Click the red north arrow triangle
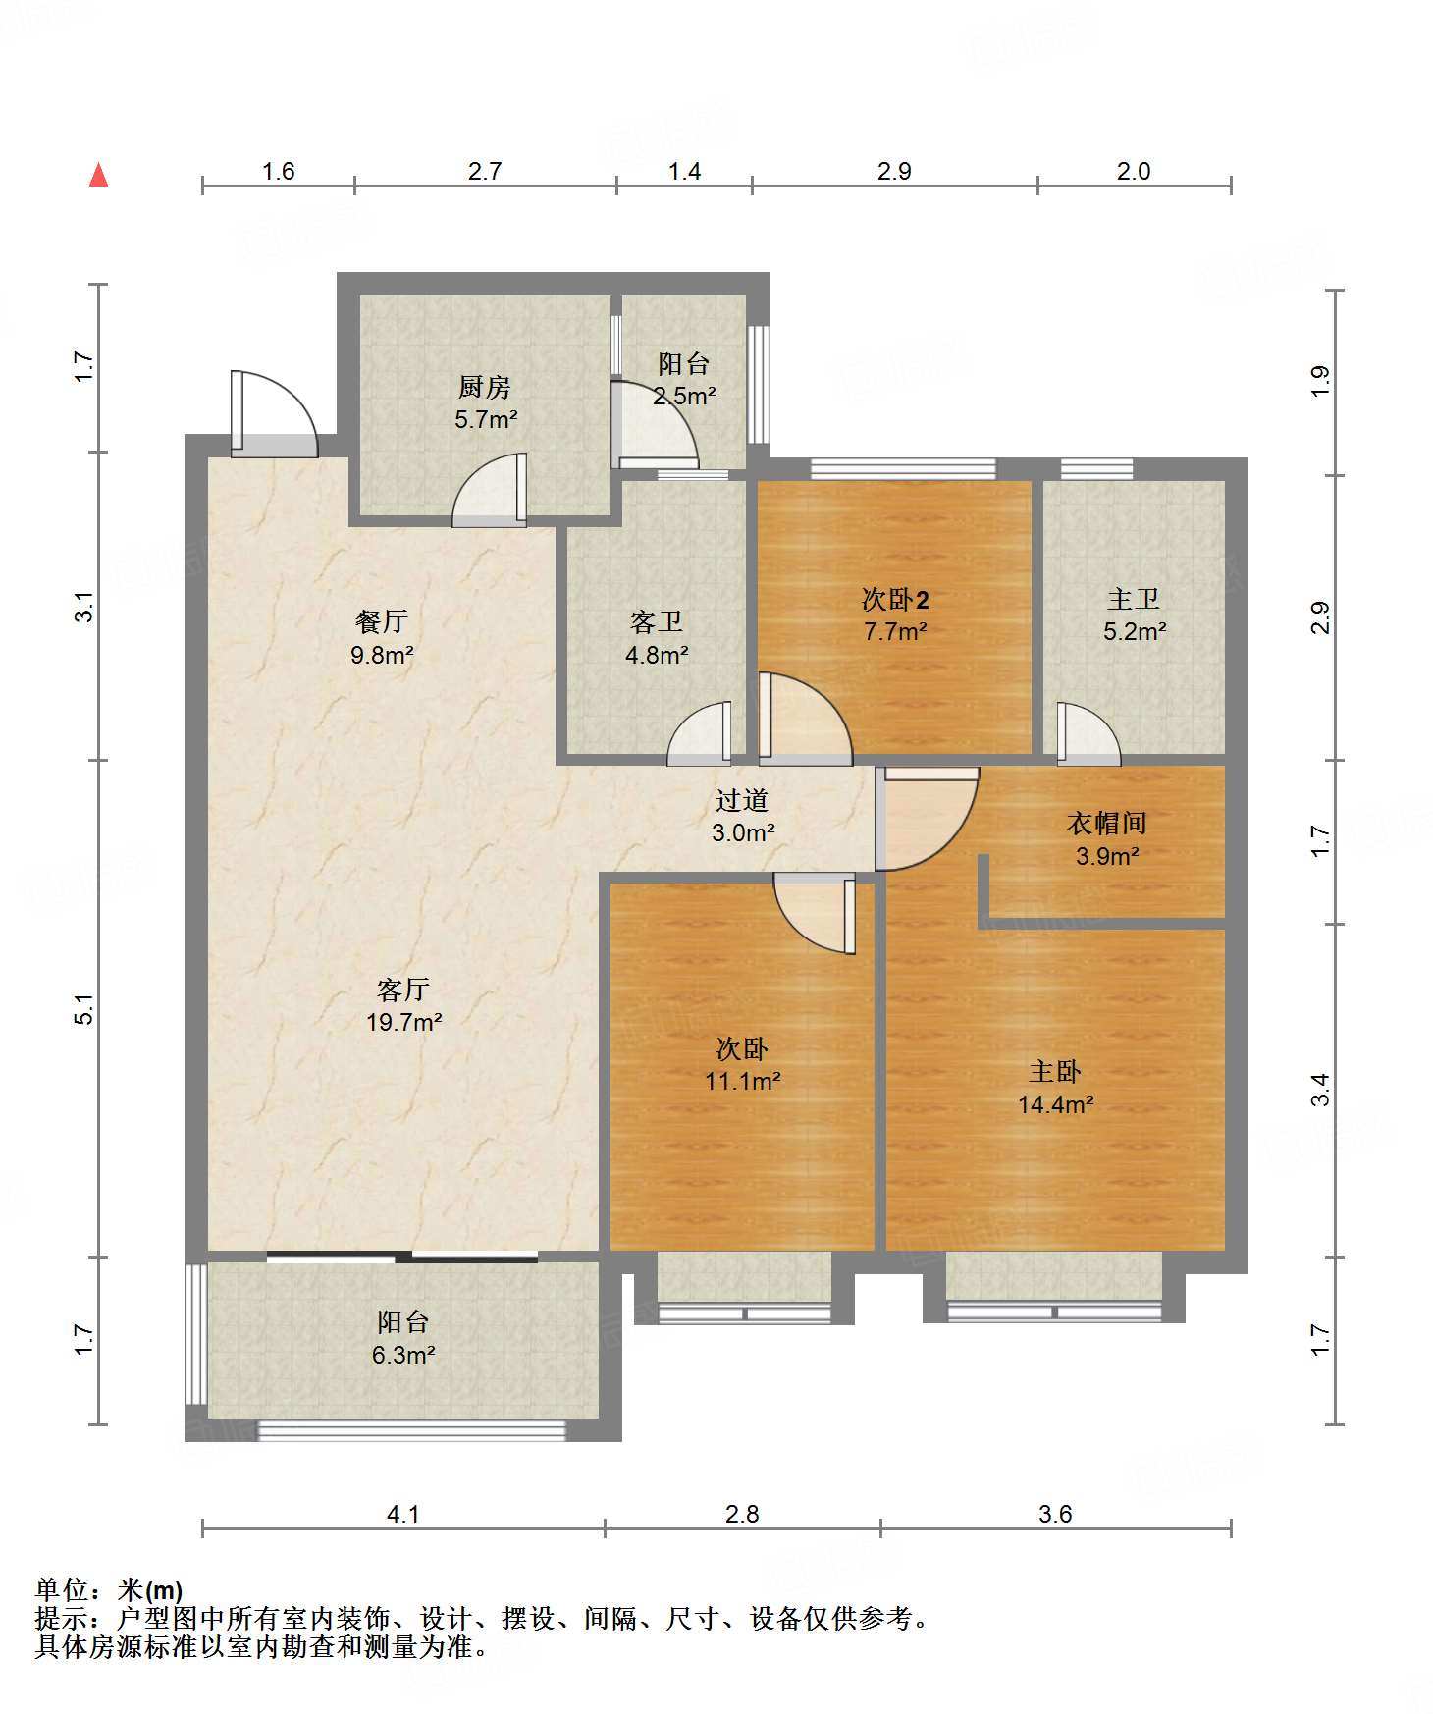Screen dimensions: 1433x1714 pyautogui.click(x=98, y=175)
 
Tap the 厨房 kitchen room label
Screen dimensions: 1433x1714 pyautogui.click(x=485, y=387)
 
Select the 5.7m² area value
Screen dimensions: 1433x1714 pyautogui.click(x=486, y=420)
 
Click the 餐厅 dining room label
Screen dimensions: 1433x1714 pyautogui.click(x=382, y=621)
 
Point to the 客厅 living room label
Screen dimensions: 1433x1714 pyautogui.click(x=403, y=989)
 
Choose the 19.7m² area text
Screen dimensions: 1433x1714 pyautogui.click(x=403, y=1022)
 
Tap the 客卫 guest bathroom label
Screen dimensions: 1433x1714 pyautogui.click(x=657, y=621)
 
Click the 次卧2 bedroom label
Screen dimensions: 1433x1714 pyautogui.click(x=895, y=599)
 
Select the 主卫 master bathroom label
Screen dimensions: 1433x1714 pyautogui.click(x=1134, y=599)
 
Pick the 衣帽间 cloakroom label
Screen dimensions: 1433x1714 pyautogui.click(x=1107, y=823)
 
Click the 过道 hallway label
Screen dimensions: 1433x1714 pyautogui.click(x=742, y=800)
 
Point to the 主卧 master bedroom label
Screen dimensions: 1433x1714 pyautogui.click(x=1055, y=1071)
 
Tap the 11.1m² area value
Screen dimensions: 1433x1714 pyautogui.click(x=743, y=1082)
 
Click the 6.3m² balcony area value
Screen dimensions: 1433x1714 pyautogui.click(x=403, y=1356)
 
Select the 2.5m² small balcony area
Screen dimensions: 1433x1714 pyautogui.click(x=684, y=397)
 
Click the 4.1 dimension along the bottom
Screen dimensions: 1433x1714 pyautogui.click(x=403, y=1514)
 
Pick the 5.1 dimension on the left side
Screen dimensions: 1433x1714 pyautogui.click(x=84, y=1009)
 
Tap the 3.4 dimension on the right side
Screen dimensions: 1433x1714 pyautogui.click(x=1321, y=1090)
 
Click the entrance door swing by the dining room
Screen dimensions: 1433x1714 pyautogui.click(x=275, y=414)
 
